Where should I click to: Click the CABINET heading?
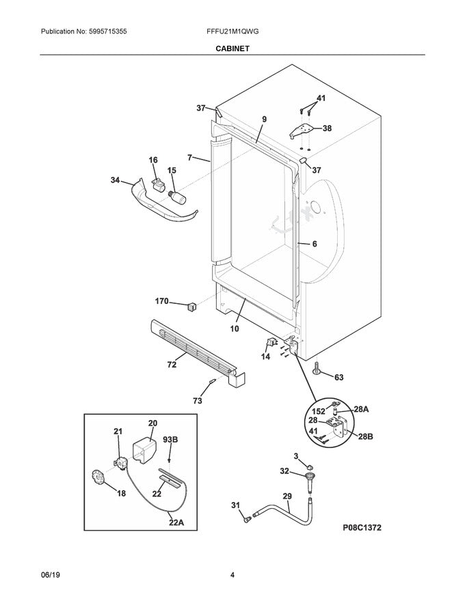(x=232, y=48)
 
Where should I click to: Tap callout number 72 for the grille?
(x=172, y=364)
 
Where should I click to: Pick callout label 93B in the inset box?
(x=170, y=440)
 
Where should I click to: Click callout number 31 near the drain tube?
(x=235, y=505)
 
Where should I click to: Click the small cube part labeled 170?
(x=192, y=305)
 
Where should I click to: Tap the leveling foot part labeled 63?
(x=319, y=371)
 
